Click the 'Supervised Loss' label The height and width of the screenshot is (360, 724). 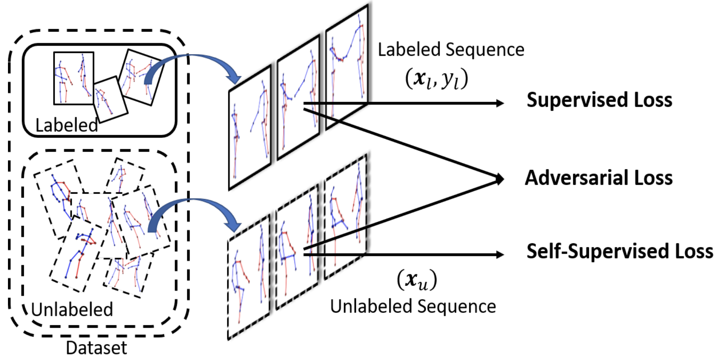tap(599, 100)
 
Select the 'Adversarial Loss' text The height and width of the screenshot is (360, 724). tap(599, 178)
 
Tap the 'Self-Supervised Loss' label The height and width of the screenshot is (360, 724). tap(619, 252)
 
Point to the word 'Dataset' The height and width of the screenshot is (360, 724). tap(96, 348)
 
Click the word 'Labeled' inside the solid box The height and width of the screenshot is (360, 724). tap(67, 125)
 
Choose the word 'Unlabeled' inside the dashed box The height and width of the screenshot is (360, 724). tap(72, 310)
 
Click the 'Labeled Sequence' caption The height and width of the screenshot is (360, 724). tap(451, 50)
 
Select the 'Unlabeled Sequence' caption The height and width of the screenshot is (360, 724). tap(413, 307)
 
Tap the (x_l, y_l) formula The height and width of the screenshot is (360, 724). tap(436, 78)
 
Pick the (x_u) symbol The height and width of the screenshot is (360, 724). tap(417, 280)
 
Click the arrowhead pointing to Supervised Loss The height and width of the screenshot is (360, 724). tap(500, 103)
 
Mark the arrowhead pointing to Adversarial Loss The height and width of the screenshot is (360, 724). tap(499, 179)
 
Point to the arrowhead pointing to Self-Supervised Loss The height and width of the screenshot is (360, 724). tap(500, 254)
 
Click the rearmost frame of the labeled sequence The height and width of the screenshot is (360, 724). tap(346, 68)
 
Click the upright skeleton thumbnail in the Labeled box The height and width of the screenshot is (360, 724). tap(74, 78)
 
